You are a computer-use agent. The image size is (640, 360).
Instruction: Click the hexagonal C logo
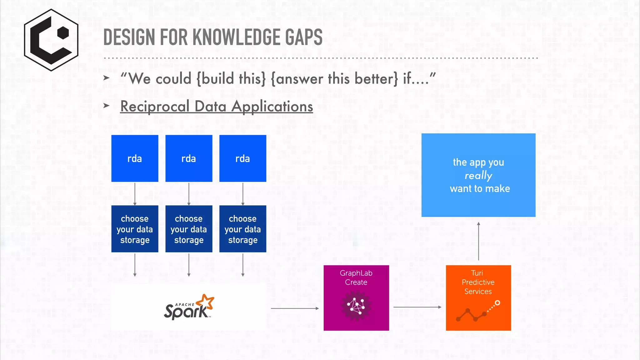click(51, 40)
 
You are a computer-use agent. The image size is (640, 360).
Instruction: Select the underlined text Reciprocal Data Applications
click(217, 106)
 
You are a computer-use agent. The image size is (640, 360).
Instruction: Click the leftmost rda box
click(135, 158)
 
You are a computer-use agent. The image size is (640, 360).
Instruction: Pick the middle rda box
click(189, 158)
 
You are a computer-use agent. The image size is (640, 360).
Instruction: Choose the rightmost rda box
click(243, 158)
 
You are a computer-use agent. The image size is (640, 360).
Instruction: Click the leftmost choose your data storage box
click(135, 229)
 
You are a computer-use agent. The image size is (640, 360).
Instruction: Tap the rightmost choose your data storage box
click(243, 229)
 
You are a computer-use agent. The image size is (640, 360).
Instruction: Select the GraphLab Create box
click(356, 297)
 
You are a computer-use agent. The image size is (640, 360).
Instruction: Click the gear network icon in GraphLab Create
click(356, 306)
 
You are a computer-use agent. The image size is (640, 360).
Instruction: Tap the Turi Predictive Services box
click(478, 297)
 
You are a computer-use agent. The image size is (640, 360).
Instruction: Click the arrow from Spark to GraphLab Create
click(294, 308)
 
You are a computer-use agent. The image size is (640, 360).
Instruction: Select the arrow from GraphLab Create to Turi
click(417, 307)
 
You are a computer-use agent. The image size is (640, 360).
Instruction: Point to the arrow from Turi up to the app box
click(478, 241)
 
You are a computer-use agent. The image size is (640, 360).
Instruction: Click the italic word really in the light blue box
click(478, 176)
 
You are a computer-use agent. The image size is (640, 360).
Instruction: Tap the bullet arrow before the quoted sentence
click(106, 77)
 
